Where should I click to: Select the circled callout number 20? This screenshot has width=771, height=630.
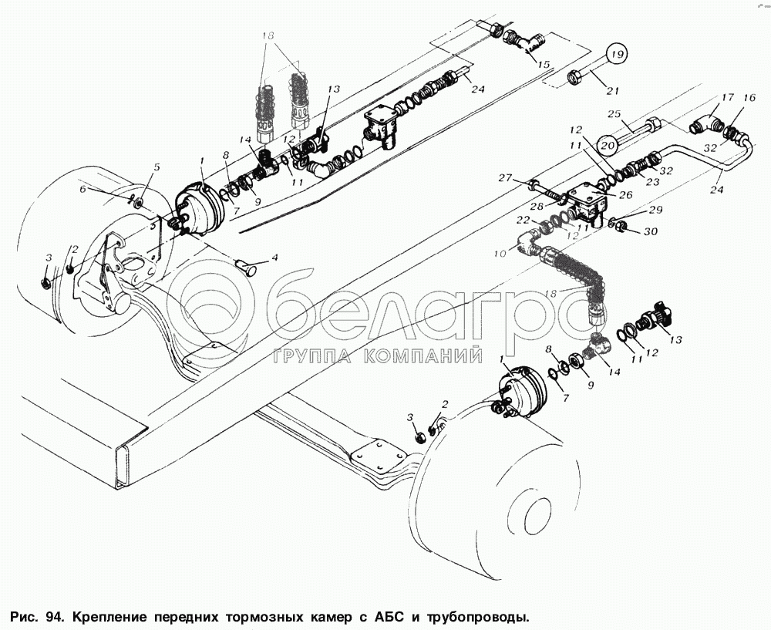607,143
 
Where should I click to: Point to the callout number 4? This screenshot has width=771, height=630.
274,257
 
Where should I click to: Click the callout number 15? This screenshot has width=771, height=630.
544,65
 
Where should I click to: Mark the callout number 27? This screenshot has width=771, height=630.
504,177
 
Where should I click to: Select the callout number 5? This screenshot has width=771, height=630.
157,167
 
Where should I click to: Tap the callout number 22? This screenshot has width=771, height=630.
524,221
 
